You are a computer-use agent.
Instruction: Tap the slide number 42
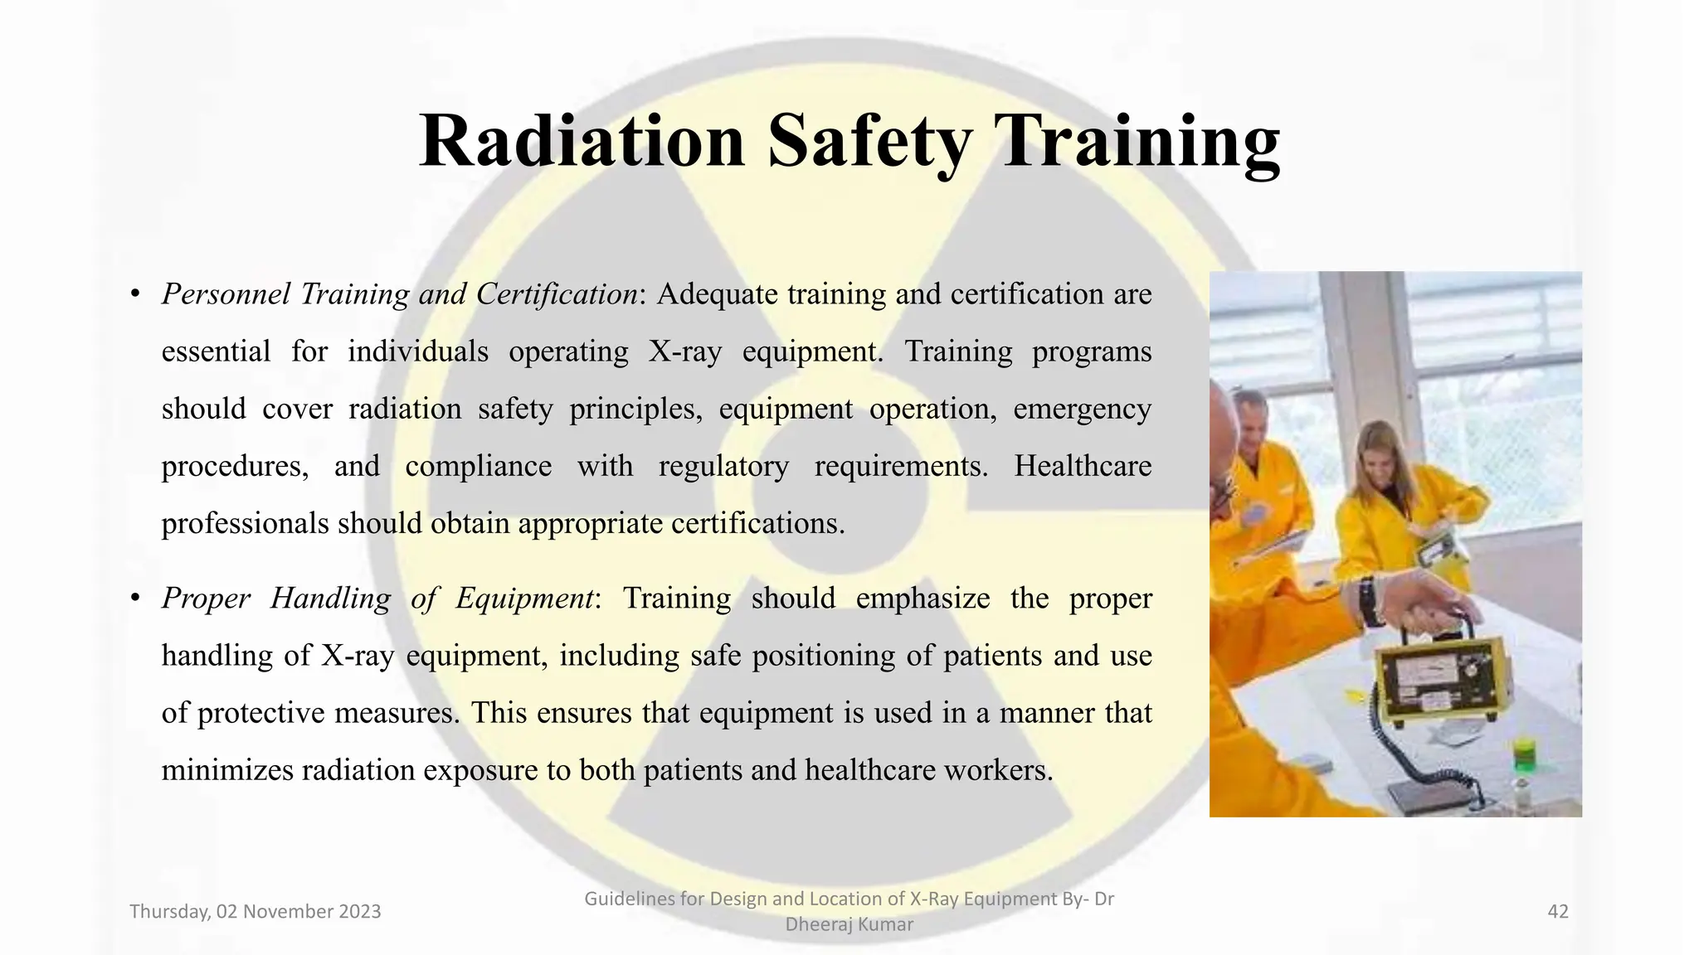[x=1558, y=912]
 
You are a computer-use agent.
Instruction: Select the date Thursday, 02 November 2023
[x=256, y=912]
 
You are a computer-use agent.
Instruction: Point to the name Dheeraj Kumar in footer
[x=849, y=924]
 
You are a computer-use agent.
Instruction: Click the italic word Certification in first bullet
[x=556, y=293]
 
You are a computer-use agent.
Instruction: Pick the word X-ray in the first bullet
[x=685, y=351]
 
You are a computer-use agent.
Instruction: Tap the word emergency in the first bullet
[x=1082, y=409]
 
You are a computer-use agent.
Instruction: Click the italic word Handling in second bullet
[x=330, y=598]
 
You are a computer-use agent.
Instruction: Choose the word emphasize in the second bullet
[x=923, y=598]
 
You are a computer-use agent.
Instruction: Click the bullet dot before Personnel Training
[x=134, y=294]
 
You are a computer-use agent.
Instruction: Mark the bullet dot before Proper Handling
[x=134, y=599]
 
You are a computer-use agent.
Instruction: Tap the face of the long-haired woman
[x=1380, y=464]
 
